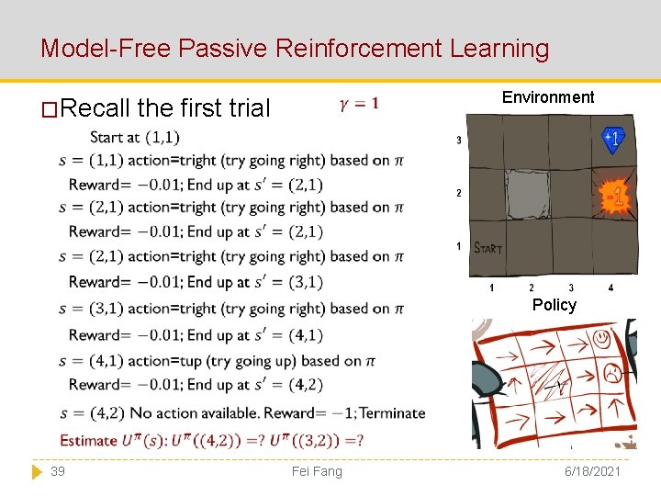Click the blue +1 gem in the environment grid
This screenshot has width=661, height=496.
[x=612, y=139]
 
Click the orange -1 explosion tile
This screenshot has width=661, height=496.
[x=614, y=196]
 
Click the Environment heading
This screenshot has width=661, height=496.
[x=548, y=97]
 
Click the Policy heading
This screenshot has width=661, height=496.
[x=555, y=305]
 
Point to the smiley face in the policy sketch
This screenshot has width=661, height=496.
[x=602, y=339]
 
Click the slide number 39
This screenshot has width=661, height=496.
[x=58, y=471]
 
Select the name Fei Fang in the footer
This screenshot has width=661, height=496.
[x=316, y=471]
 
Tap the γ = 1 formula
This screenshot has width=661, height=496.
[x=359, y=104]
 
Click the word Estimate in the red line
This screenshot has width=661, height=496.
[x=90, y=440]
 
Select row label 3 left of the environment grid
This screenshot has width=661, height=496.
[x=458, y=141]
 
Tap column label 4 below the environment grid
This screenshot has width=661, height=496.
[x=611, y=288]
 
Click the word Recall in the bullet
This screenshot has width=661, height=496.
[x=95, y=108]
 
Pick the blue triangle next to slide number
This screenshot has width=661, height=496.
[x=37, y=471]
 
